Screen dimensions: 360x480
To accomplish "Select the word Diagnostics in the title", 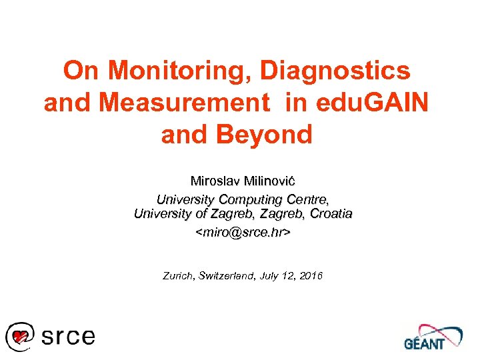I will (335, 71).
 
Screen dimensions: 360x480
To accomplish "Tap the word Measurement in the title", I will (175, 103).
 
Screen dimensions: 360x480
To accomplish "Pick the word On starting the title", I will (82, 71).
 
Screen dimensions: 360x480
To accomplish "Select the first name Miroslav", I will (213, 181).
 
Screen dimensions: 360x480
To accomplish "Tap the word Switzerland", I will (228, 275).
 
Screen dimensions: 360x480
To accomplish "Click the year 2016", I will (311, 275).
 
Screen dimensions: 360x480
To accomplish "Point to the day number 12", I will (290, 275).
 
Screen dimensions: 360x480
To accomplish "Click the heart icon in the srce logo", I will (21, 336).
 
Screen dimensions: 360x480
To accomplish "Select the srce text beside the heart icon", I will (68, 336).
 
